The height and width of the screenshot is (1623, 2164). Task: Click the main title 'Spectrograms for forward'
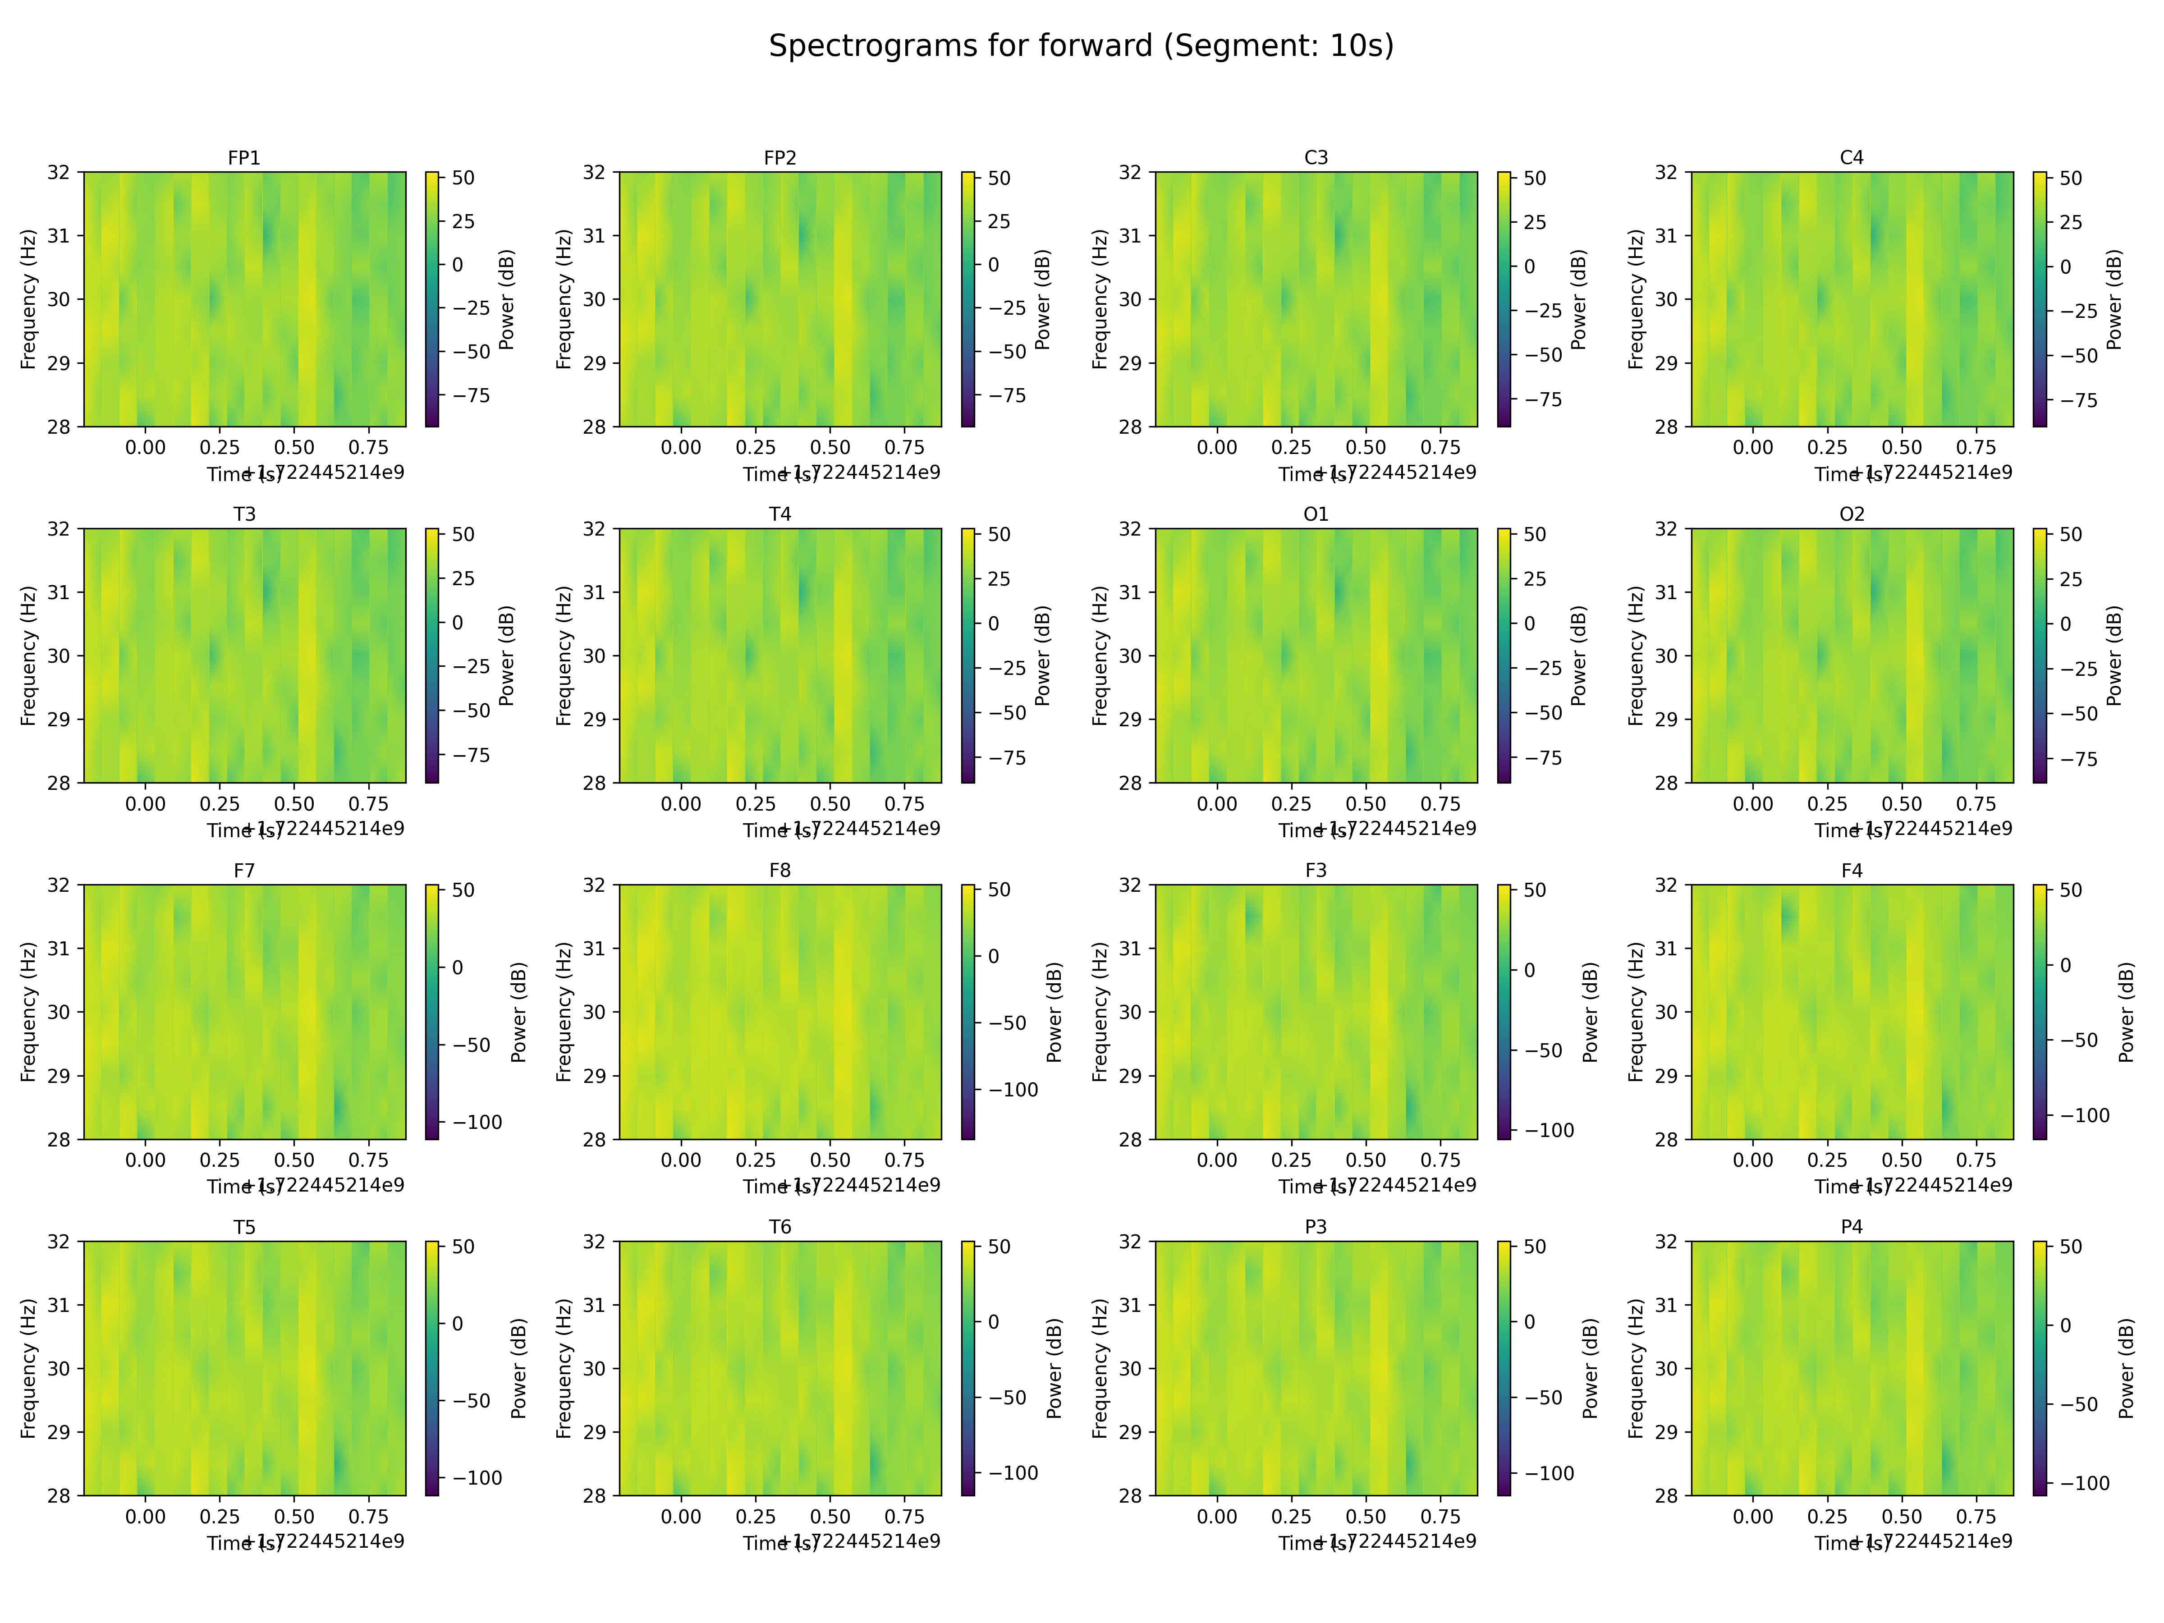point(1081,46)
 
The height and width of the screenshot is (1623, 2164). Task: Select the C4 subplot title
point(1852,157)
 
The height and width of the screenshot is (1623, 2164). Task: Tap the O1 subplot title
point(1316,513)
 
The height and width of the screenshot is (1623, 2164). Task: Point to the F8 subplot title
point(779,870)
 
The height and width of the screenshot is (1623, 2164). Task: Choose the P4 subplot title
point(1852,1227)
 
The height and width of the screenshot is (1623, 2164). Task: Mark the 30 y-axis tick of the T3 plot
point(59,656)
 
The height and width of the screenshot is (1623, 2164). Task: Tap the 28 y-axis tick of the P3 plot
point(1131,1495)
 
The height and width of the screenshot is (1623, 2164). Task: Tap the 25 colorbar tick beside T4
point(999,578)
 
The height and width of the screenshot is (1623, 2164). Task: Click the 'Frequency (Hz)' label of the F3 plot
point(1100,1012)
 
